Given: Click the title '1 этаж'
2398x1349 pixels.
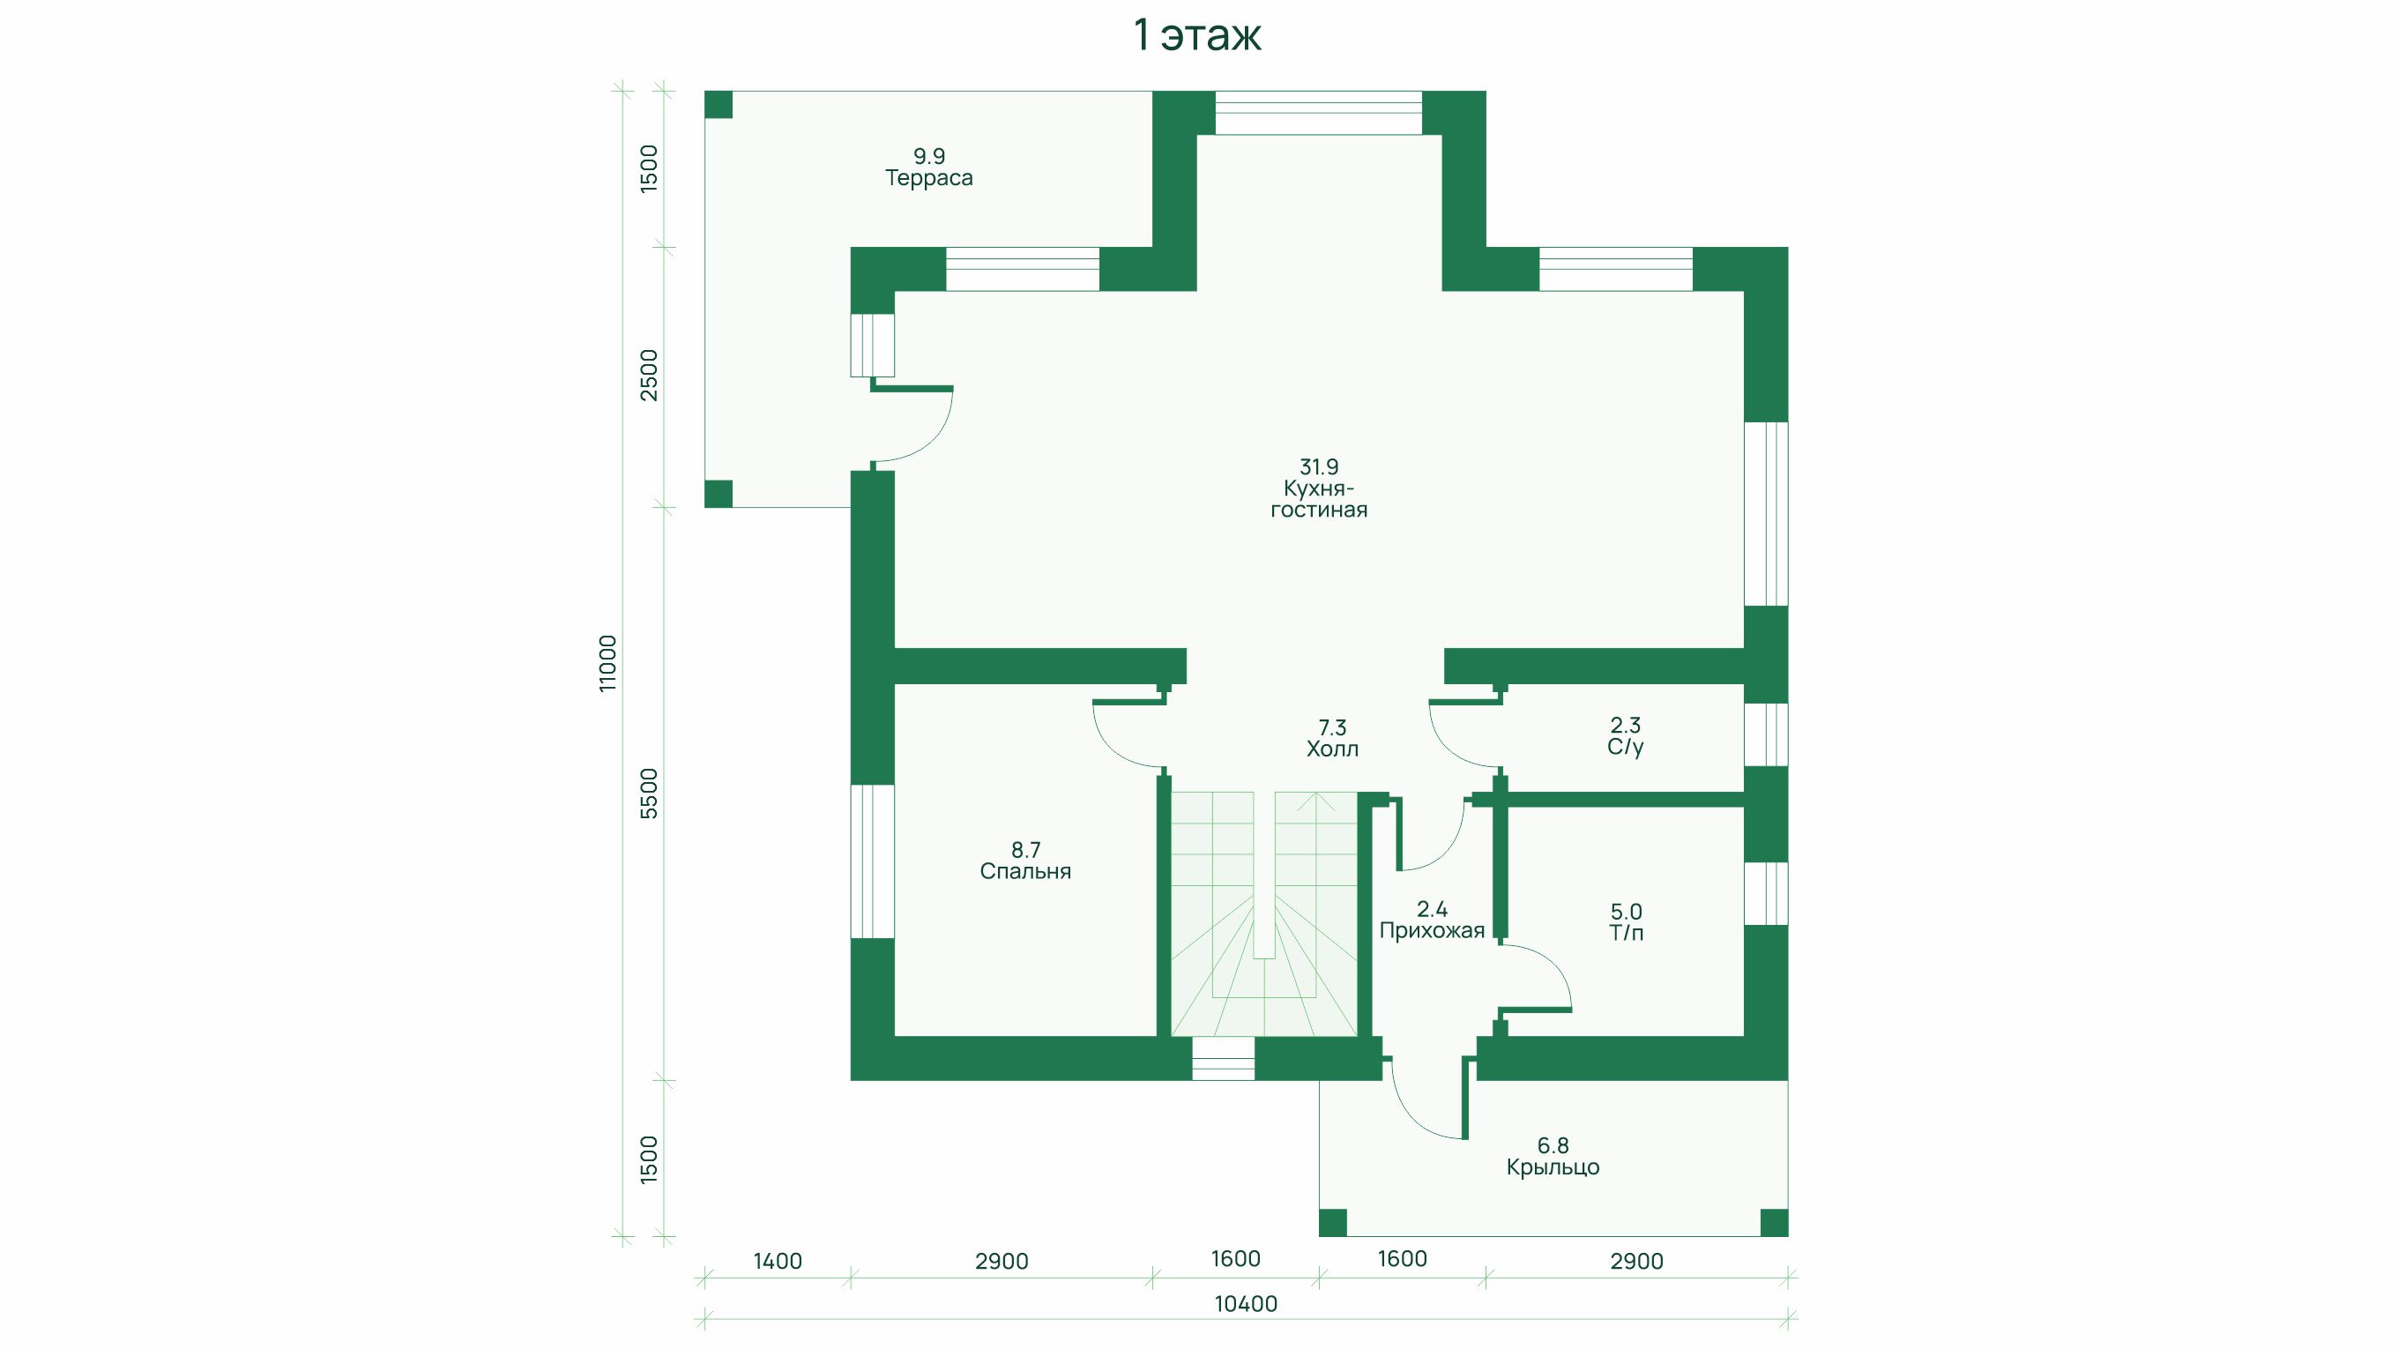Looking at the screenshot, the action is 1197,35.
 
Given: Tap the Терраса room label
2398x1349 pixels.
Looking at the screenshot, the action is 929,178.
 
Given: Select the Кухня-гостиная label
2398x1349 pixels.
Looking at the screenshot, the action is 1319,499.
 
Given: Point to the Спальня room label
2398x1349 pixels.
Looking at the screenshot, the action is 1026,871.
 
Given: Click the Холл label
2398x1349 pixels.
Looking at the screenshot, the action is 1332,749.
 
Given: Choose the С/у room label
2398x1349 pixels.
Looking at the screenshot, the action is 1626,747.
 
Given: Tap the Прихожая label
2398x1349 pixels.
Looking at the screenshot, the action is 1432,931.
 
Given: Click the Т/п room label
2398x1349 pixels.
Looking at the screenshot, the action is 1627,933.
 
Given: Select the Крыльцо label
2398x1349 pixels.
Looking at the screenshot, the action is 1553,1167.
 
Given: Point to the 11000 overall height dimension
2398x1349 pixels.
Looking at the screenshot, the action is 607,663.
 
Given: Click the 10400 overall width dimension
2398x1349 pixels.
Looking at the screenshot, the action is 1246,1304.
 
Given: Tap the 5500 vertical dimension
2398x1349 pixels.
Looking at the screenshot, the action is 649,794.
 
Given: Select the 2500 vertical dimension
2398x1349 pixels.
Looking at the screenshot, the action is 649,376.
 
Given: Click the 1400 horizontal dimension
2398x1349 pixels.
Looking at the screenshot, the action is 778,1262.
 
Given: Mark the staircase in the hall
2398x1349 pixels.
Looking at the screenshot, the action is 1263,913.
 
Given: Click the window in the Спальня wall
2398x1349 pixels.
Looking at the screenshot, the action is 872,861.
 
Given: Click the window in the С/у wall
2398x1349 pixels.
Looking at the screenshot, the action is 1766,734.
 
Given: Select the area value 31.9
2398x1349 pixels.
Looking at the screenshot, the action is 1319,466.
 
